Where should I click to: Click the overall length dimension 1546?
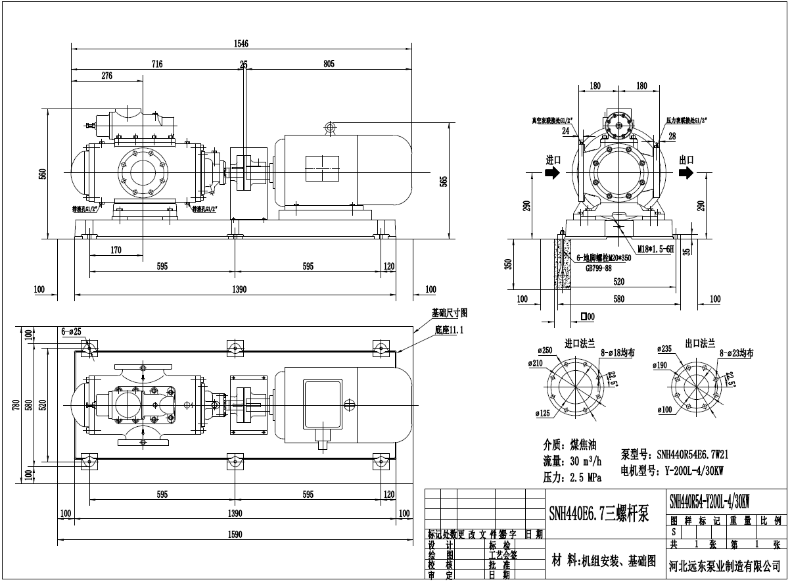242,43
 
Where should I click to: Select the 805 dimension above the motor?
329,64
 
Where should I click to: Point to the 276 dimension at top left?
106,76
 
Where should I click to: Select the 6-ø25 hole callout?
71,331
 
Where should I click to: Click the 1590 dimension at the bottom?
235,534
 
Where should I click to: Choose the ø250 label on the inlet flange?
535,351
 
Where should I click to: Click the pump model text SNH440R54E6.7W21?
674,454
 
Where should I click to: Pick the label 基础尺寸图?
449,313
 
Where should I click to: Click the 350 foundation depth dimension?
507,264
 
